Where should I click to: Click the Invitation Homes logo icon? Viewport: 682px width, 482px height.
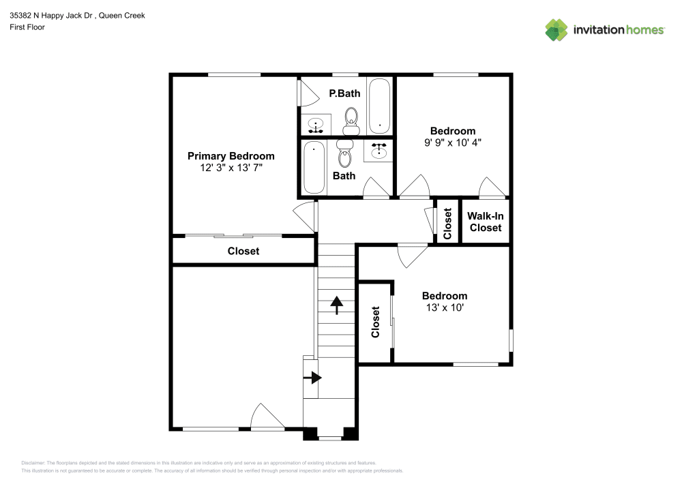click(x=557, y=29)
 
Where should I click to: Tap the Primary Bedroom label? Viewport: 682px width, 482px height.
click(x=231, y=156)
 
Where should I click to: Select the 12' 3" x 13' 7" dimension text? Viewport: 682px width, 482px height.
click(x=231, y=168)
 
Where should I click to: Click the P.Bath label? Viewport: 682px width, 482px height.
click(x=344, y=93)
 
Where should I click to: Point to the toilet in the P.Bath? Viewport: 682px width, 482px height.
click(x=351, y=119)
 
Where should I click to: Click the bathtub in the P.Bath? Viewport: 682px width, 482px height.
click(x=379, y=106)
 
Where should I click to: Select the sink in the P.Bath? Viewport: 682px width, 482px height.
click(x=316, y=125)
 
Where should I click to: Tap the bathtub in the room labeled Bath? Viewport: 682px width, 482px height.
click(x=314, y=167)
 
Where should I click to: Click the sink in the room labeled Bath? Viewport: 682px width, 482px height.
click(x=378, y=151)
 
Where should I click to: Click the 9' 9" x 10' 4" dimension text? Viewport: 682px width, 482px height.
click(x=453, y=143)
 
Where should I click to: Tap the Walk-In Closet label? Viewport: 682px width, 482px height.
click(x=486, y=222)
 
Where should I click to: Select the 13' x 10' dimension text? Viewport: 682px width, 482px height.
click(x=445, y=307)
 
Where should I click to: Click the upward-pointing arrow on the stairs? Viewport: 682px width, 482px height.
click(x=336, y=304)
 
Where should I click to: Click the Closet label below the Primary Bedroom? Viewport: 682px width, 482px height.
click(x=243, y=251)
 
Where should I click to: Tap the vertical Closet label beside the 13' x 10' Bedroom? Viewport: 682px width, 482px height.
click(x=375, y=322)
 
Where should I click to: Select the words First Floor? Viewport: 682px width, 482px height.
click(x=27, y=27)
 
